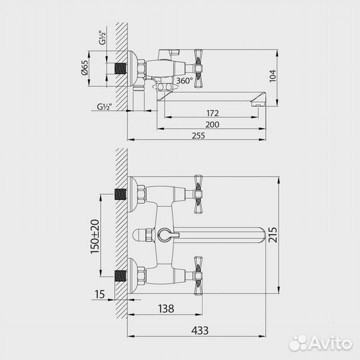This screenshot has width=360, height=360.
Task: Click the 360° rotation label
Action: point(184,81)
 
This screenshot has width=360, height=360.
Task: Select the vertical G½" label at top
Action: point(102,37)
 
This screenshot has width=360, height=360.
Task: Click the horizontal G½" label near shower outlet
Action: point(104,106)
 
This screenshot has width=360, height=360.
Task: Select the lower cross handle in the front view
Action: point(197,273)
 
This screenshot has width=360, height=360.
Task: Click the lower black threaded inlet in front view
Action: point(121,274)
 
